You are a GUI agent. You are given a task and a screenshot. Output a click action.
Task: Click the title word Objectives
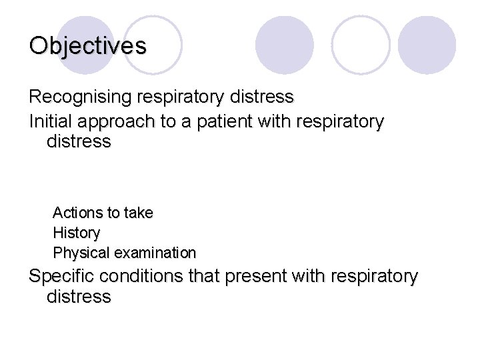click(x=87, y=45)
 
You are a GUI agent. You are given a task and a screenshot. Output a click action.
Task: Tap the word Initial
click(x=51, y=122)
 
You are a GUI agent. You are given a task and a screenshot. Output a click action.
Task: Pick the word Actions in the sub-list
click(x=77, y=213)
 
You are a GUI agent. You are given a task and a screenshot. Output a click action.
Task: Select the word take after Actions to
click(x=138, y=213)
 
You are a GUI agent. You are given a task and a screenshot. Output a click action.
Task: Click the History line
click(x=76, y=233)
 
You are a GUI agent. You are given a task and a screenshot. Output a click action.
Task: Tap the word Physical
click(x=81, y=253)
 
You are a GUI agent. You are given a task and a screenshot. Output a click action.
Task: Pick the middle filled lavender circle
click(x=285, y=45)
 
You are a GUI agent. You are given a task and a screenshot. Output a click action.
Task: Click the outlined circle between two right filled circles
click(x=361, y=45)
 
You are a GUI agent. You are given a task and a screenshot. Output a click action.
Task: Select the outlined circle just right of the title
click(x=153, y=45)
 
